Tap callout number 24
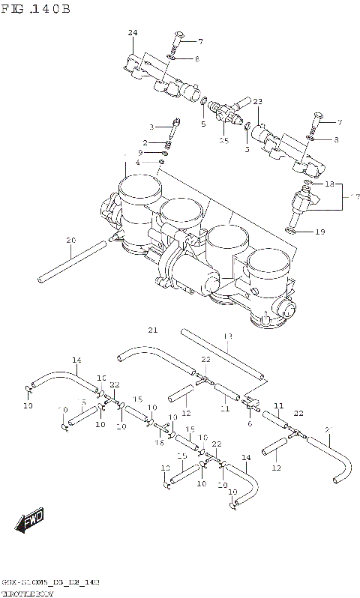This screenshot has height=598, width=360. click(133, 33)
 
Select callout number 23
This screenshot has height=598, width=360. click(257, 102)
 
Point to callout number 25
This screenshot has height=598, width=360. click(223, 140)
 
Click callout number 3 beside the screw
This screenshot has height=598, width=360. click(151, 127)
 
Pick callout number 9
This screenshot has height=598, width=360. click(150, 152)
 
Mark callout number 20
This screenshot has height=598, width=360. click(70, 241)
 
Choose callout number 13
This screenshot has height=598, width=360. click(228, 336)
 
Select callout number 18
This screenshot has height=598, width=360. click(328, 184)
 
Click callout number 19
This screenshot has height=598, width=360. click(319, 232)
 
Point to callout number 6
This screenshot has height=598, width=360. click(249, 423)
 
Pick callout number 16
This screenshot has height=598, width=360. click(159, 443)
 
